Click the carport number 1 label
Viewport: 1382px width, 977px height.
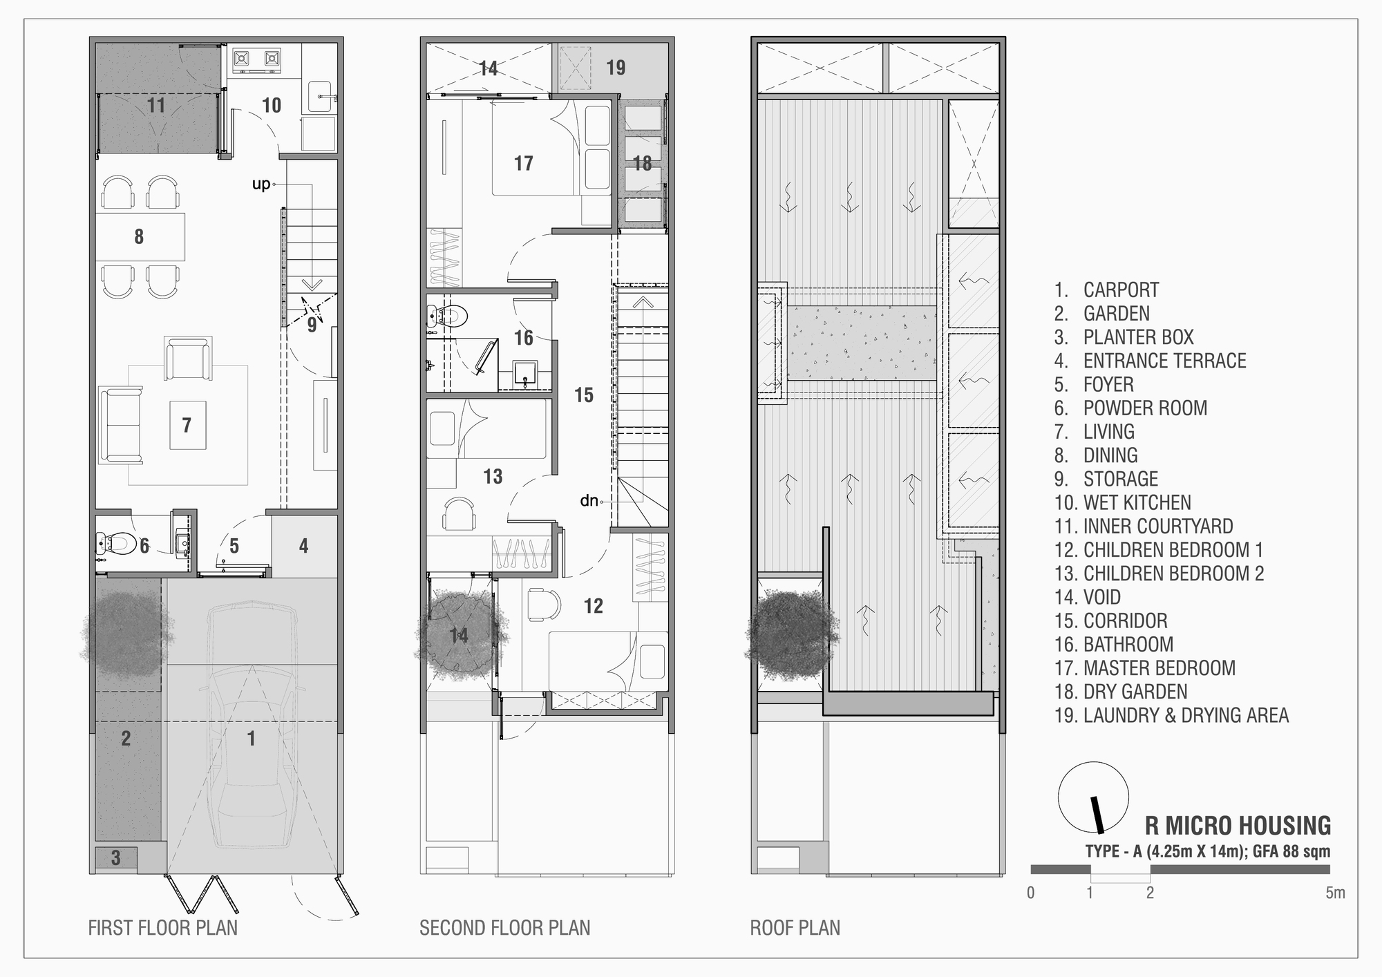pos(252,738)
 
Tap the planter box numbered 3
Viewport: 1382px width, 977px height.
pos(115,858)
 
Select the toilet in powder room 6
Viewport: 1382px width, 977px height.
pos(116,544)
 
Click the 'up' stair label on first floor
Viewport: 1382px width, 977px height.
pos(261,184)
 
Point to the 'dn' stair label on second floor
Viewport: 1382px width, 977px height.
pos(589,500)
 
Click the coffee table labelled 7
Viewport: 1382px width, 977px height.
pos(187,425)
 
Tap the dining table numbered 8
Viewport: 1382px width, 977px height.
pos(140,236)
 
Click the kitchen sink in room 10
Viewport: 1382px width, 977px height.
pos(321,95)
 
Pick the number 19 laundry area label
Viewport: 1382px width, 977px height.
pos(616,68)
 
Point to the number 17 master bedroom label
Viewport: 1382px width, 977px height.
pos(524,163)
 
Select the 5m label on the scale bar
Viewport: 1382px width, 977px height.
pos(1335,893)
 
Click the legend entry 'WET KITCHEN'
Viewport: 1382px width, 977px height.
pos(1137,502)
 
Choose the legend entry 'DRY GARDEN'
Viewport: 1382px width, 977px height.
pos(1135,692)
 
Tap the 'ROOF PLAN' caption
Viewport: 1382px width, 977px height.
pos(795,927)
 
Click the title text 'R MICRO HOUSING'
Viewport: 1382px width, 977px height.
pos(1238,826)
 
